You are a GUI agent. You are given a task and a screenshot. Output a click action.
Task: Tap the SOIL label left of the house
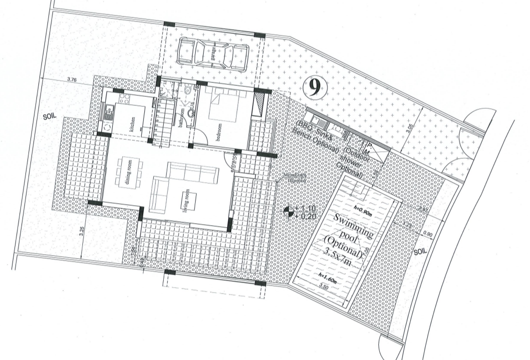(51, 116)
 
